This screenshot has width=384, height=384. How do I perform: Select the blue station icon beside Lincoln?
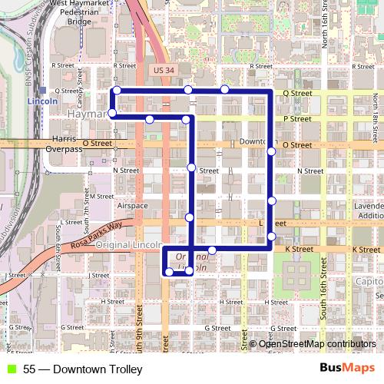tap(45, 90)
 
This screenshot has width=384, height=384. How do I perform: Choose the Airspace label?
tap(132, 206)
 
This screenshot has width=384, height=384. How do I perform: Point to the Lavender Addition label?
tap(370, 212)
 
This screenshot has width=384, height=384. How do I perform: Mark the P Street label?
tap(296, 119)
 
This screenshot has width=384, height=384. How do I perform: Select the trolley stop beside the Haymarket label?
tap(113, 114)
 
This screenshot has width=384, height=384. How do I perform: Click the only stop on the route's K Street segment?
tap(212, 250)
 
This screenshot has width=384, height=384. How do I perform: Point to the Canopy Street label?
tap(79, 77)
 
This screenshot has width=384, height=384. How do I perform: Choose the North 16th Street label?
tap(325, 23)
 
